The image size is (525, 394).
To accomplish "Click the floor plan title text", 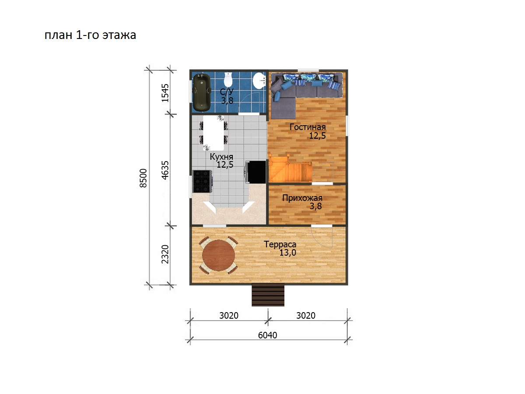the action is click(x=90, y=35).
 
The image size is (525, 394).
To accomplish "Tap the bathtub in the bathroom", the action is click(x=202, y=92).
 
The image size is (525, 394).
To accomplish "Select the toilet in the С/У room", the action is click(x=228, y=80).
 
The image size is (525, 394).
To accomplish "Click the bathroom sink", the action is click(x=259, y=81).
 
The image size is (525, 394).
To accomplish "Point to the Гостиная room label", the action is click(x=308, y=127).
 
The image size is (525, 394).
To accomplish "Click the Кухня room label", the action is click(x=221, y=157).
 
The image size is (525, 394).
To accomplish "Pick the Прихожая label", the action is click(x=302, y=198).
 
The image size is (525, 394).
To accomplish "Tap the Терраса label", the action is click(x=280, y=244).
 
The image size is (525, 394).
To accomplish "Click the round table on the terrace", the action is click(x=218, y=255).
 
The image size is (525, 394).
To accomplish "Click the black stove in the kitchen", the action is click(x=203, y=181).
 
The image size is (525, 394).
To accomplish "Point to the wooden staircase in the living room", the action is click(x=290, y=169).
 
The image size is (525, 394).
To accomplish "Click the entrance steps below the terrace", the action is click(x=268, y=295).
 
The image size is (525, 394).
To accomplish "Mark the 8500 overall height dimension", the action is click(x=143, y=178).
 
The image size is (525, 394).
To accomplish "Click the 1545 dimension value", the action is click(x=165, y=93).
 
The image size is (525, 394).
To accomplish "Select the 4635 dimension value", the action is click(x=165, y=170).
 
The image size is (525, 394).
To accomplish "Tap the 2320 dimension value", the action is click(x=165, y=254).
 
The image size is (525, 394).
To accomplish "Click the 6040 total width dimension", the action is click(x=267, y=335).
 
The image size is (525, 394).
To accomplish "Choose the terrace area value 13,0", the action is click(x=288, y=253).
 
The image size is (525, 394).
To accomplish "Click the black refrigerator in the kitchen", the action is click(x=256, y=172).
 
